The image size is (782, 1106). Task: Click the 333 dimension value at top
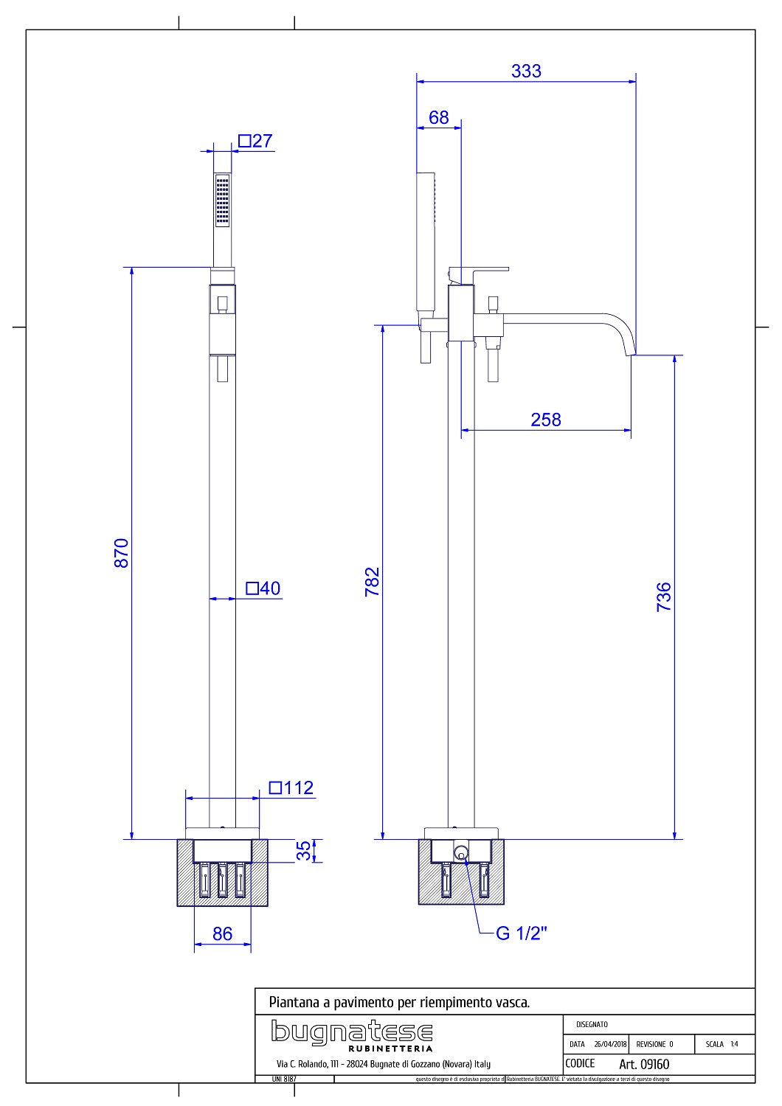pyautogui.click(x=526, y=71)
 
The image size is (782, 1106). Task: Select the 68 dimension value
pyautogui.click(x=438, y=117)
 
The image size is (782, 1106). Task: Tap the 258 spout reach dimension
pyautogui.click(x=546, y=420)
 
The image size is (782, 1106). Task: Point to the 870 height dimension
pyautogui.click(x=122, y=552)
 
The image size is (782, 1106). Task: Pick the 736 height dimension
pyautogui.click(x=664, y=597)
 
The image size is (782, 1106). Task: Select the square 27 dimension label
pyautogui.click(x=255, y=141)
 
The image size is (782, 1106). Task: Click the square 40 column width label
pyautogui.click(x=263, y=588)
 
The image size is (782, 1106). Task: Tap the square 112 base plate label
pyautogui.click(x=291, y=787)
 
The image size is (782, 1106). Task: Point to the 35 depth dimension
pyautogui.click(x=304, y=851)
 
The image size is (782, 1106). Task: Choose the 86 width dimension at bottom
pyautogui.click(x=222, y=933)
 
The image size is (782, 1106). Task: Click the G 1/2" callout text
pyautogui.click(x=522, y=933)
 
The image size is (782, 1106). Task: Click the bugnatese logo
pyautogui.click(x=351, y=1032)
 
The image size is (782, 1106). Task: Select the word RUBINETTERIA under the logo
pyautogui.click(x=390, y=1048)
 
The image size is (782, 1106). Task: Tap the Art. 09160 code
pyautogui.click(x=644, y=1064)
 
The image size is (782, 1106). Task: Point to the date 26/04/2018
pyautogui.click(x=610, y=1044)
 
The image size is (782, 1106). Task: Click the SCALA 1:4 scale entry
pyautogui.click(x=721, y=1044)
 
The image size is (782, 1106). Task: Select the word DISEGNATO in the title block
pyautogui.click(x=592, y=1024)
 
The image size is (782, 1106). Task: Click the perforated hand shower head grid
pyautogui.click(x=222, y=200)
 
